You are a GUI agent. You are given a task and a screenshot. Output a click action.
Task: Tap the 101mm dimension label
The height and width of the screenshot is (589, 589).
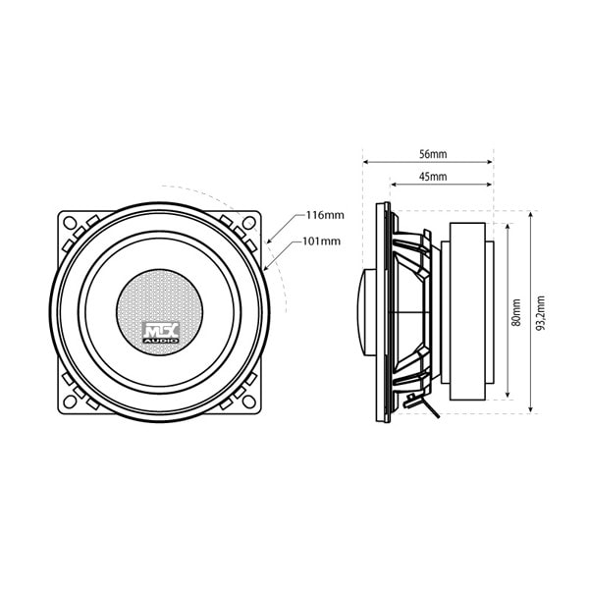[x=323, y=241]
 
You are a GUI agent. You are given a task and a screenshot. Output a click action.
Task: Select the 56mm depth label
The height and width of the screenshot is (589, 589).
[x=432, y=154]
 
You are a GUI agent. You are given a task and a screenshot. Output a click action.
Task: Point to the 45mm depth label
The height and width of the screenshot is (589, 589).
[x=432, y=177]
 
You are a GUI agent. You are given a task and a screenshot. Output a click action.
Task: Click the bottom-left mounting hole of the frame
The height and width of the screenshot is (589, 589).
[x=71, y=401]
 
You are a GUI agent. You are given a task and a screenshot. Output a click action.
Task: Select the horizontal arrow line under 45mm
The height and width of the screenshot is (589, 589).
[x=442, y=185]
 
